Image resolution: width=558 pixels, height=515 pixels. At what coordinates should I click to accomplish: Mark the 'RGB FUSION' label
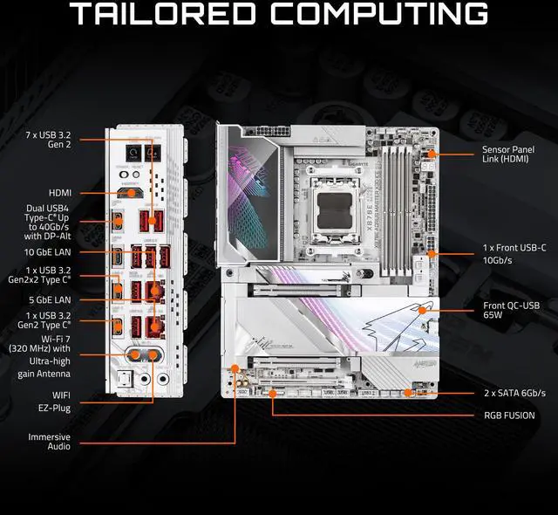tap(509, 415)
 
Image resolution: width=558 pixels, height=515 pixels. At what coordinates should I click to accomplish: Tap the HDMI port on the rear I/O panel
tap(131, 192)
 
